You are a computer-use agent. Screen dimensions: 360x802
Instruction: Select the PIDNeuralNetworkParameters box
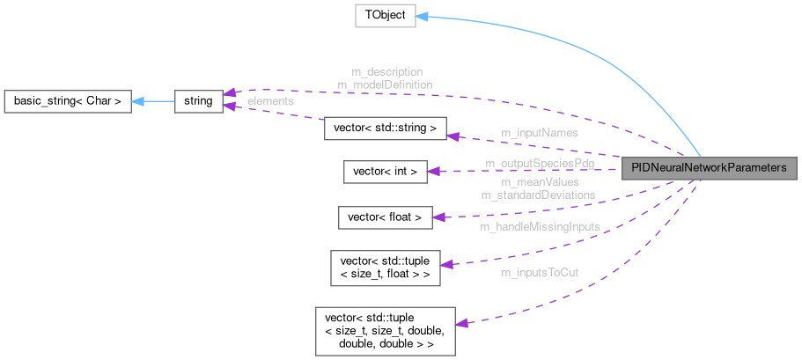[709, 168]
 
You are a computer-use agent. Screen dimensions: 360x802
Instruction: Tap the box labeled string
[198, 101]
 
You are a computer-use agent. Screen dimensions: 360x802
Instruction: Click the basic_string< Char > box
[68, 101]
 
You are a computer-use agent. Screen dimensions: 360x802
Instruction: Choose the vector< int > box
[385, 172]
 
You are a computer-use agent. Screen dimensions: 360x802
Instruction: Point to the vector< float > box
[386, 217]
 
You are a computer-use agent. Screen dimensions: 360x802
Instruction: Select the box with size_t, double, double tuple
[385, 330]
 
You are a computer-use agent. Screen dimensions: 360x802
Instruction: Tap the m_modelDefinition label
[385, 84]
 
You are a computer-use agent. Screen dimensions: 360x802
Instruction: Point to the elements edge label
[270, 101]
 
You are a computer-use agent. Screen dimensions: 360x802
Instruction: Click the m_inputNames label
[539, 133]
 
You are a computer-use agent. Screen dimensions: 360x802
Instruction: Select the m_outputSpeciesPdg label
[539, 164]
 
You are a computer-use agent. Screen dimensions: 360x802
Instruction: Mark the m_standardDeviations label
[538, 194]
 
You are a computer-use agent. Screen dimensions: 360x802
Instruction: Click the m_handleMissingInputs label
[540, 226]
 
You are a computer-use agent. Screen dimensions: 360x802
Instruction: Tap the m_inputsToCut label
[540, 274]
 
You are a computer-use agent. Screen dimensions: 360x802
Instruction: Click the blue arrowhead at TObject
[422, 17]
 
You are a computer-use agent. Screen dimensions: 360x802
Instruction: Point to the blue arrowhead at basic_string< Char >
[138, 101]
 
